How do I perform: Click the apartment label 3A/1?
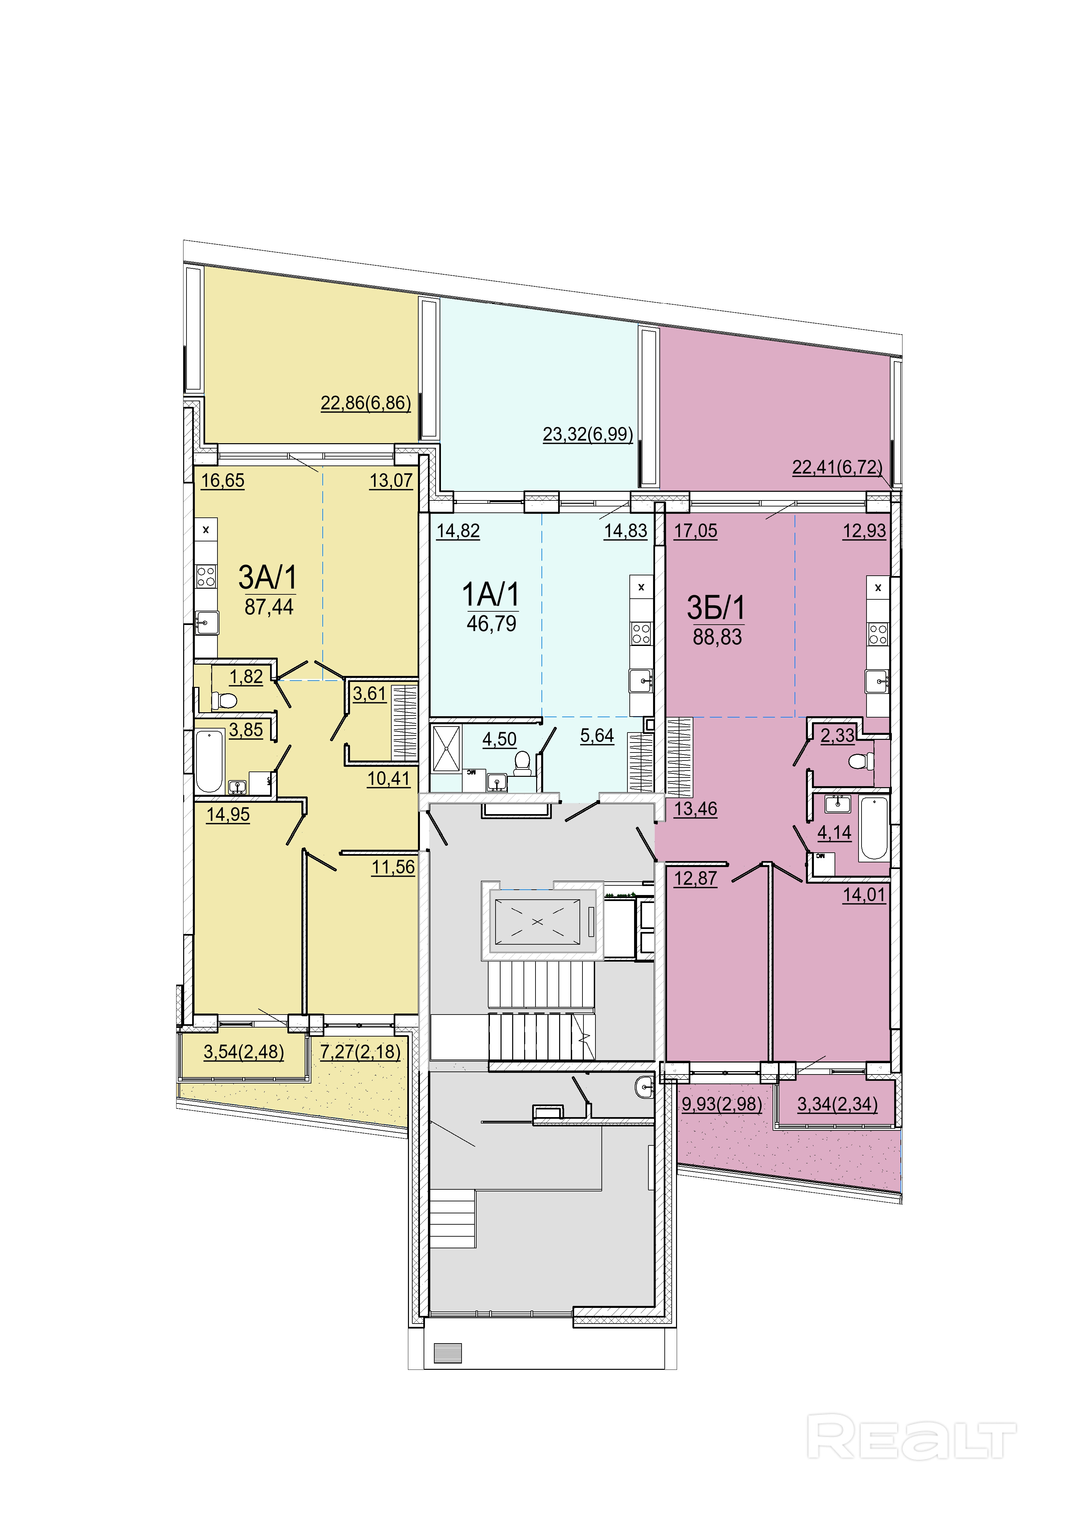point(268,577)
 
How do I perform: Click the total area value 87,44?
point(269,607)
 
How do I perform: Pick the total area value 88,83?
point(718,637)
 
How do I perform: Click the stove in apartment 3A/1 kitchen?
point(206,577)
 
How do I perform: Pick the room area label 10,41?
point(389,779)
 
